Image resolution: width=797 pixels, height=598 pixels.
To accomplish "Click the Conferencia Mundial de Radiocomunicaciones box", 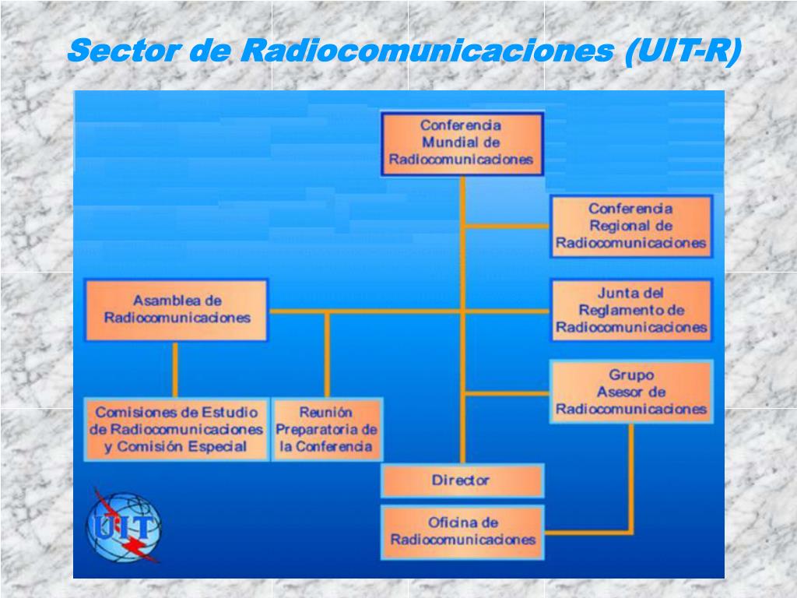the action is point(462,142).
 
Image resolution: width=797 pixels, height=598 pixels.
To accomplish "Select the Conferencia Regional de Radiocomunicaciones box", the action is point(631,226).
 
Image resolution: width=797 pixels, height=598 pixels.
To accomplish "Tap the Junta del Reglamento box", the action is point(631,310).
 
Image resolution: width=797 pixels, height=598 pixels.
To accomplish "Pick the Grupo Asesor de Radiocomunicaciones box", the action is point(631,392).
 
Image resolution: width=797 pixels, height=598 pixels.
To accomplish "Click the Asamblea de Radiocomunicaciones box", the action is point(177,309).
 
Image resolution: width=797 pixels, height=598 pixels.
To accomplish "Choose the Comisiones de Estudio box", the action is point(177,429).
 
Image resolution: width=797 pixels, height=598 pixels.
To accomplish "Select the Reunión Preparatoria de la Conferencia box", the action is point(327,429).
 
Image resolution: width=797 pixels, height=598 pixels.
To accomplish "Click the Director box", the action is point(461,480).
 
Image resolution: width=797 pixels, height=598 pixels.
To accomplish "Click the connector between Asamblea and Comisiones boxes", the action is point(176,369).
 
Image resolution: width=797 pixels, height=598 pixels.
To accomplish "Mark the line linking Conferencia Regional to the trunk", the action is point(507,226).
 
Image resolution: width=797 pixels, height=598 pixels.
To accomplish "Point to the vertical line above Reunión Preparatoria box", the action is point(327,354).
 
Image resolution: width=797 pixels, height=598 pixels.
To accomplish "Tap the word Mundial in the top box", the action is point(461,142).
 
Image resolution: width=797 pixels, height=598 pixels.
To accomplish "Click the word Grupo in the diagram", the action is point(631,375).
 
